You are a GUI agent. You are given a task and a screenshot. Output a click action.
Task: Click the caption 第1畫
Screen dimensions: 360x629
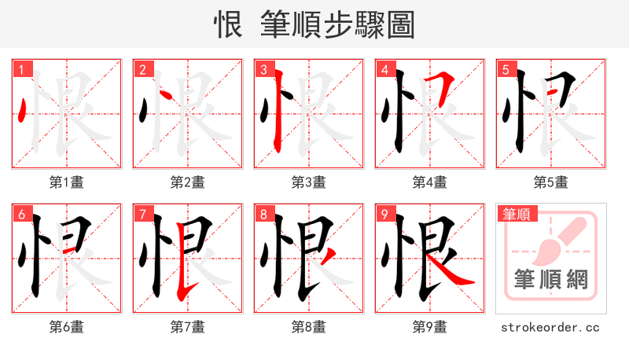66,182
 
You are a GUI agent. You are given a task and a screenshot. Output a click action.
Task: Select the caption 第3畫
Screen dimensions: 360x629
308,182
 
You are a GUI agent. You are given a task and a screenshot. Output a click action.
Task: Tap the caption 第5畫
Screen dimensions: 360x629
550,182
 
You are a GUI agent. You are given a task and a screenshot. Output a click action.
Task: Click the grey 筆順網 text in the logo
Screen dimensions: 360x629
550,280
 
